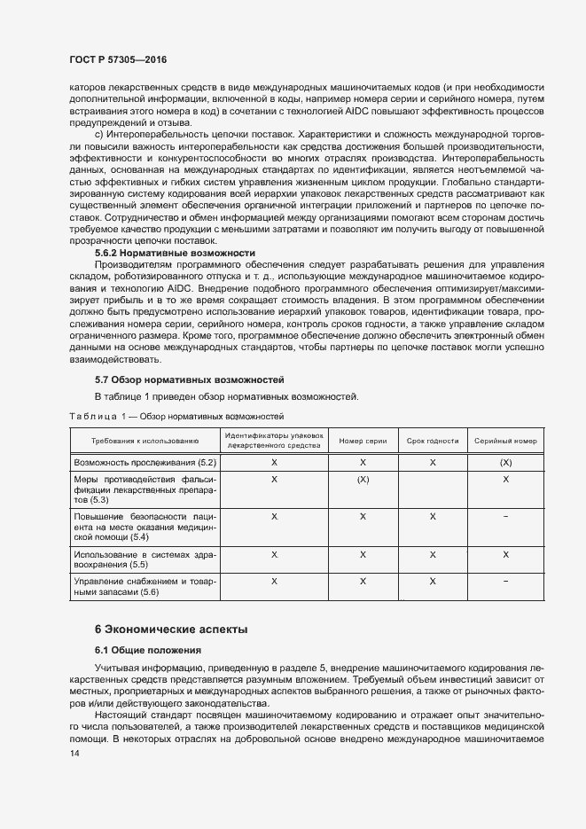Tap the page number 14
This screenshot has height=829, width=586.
pos(74,754)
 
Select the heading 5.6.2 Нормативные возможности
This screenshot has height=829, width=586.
pos(175,253)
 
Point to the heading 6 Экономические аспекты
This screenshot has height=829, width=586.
pos(171,629)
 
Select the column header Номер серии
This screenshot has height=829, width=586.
pos(363,441)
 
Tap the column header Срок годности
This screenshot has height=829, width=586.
pos(432,441)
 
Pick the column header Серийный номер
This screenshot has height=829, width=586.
pos(505,441)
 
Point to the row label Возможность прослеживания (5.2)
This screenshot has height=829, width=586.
pos(145,463)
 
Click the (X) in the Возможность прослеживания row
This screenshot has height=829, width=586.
pos(505,463)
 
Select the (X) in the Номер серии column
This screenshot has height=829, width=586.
pos(363,479)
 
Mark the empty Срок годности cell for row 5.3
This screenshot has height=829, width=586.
pos(432,489)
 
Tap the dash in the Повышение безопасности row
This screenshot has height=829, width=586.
pos(505,516)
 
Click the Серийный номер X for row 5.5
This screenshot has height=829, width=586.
pos(505,554)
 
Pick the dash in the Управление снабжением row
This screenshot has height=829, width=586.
pos(505,582)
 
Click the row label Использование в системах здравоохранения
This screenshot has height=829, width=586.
pos(145,559)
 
